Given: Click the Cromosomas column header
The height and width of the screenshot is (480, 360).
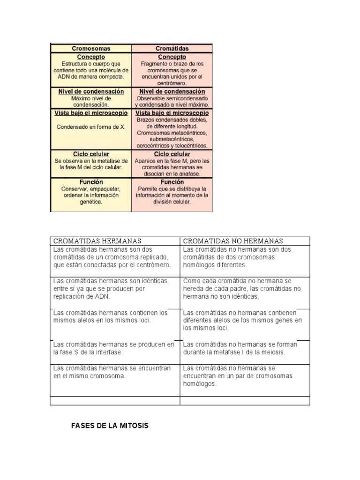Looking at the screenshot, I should (91, 48).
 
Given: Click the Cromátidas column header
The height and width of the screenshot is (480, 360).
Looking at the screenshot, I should (172, 48).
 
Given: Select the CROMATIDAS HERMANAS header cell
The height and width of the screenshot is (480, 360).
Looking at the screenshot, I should (97, 241).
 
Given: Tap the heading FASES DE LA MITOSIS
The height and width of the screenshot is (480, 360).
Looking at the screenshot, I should (110, 426).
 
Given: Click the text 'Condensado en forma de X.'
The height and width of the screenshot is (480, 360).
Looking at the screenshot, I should (91, 127).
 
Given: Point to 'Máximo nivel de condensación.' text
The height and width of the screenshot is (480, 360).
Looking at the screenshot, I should (91, 102).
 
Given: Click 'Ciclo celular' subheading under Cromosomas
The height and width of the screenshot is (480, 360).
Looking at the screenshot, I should (91, 154).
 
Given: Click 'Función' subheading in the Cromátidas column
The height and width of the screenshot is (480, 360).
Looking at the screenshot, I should (172, 182).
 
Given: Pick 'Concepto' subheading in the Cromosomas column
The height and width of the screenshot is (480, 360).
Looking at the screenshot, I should (91, 57).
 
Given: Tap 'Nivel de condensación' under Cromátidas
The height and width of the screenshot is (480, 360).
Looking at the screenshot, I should (172, 91).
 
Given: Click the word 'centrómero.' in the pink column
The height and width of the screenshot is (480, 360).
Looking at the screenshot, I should (172, 83).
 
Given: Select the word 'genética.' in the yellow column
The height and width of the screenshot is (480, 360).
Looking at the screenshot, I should (91, 202).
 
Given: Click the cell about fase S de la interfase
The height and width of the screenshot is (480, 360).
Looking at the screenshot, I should (114, 348).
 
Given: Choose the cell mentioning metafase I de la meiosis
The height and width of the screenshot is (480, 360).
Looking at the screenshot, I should (245, 348).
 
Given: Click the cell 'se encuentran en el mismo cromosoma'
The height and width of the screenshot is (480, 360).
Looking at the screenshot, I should (114, 372).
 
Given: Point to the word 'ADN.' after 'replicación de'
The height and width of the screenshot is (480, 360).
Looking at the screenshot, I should (104, 297).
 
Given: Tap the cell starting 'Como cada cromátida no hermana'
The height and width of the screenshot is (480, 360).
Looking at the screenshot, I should (245, 288).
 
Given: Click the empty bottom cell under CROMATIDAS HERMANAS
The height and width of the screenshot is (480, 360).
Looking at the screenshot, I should (114, 400).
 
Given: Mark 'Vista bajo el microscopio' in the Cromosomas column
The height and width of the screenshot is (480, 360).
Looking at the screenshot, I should (91, 113).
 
